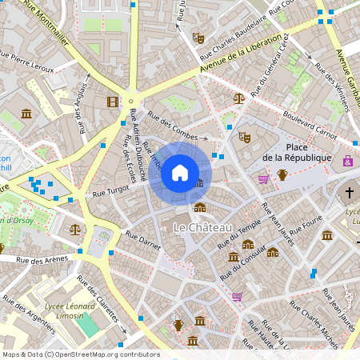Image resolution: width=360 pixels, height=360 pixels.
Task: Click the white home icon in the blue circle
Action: (180, 173)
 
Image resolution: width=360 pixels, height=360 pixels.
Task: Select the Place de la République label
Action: (296, 152)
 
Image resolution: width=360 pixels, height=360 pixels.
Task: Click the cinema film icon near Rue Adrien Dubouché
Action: (113, 102)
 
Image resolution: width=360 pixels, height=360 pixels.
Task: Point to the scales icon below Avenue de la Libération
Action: (238, 98)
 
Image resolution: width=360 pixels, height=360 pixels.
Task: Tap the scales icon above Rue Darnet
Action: (75, 228)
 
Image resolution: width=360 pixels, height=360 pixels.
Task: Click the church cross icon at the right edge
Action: (349, 192)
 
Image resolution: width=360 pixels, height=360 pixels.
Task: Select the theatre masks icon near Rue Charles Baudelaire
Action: (198, 38)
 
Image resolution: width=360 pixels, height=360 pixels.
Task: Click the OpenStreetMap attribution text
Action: (81, 354)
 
